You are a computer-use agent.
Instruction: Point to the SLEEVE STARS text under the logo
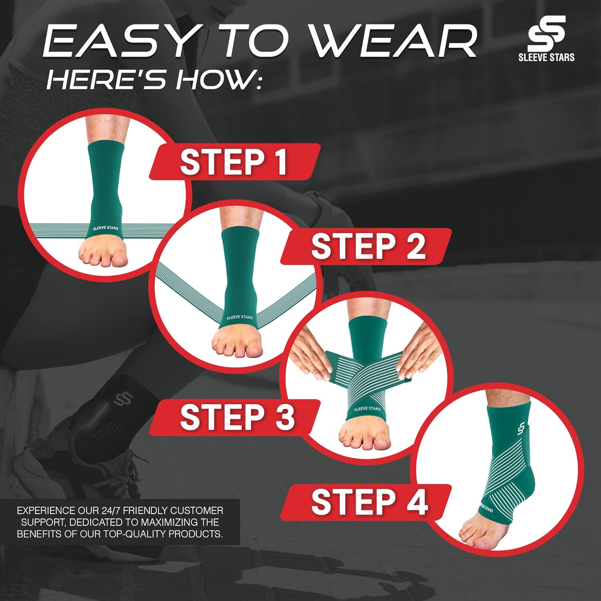tap(547, 57)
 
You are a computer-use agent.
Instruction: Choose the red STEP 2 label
tap(366, 246)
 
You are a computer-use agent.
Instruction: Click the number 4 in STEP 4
tap(417, 502)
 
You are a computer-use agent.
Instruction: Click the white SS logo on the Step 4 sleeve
tap(521, 427)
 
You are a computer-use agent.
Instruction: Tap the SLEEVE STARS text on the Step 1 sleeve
tap(105, 228)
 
